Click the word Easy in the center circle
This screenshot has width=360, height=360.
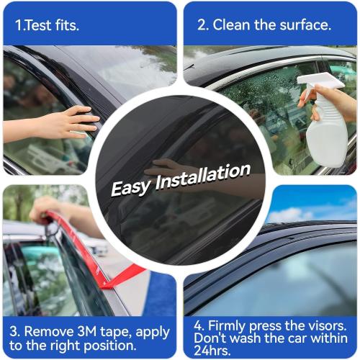pos(130,186)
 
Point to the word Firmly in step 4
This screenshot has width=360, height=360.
pos(230,324)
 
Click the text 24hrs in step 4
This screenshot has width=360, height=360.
pos(212,351)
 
